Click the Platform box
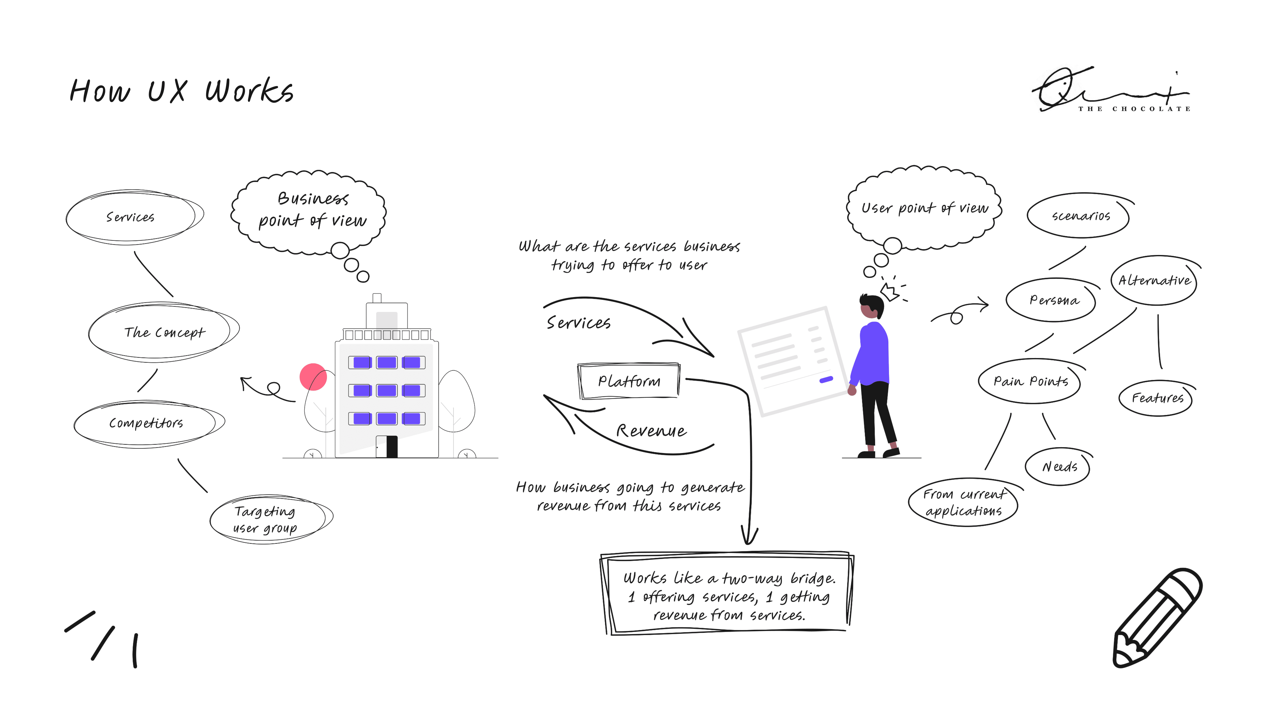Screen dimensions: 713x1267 tap(629, 381)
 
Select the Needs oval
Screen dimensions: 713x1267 tap(1058, 466)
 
